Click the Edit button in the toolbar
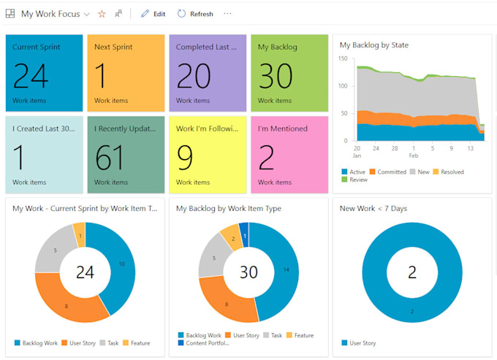click(153, 14)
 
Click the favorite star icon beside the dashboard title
click(102, 14)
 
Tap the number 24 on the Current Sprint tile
click(31, 75)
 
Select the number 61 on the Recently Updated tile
click(113, 157)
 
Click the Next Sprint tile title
click(113, 47)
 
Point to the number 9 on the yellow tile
click(185, 157)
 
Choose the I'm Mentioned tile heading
click(280, 129)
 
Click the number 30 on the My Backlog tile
click(276, 75)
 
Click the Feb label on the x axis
click(413, 156)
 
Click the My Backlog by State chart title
click(373, 45)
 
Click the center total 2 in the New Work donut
click(412, 272)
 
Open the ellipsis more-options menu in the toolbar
click(227, 14)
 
